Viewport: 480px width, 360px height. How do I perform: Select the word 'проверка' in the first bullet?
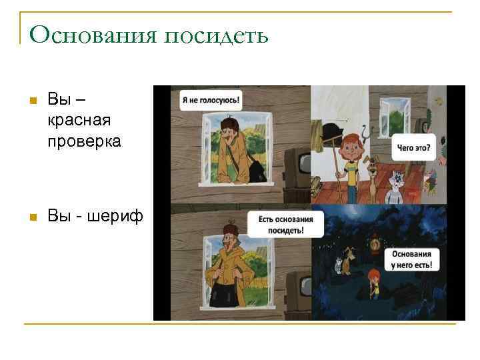click(85, 141)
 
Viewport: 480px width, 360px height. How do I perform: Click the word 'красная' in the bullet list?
click(79, 121)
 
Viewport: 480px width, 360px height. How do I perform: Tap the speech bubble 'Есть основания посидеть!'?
click(285, 223)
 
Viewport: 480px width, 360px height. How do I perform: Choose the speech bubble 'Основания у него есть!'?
click(411, 259)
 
